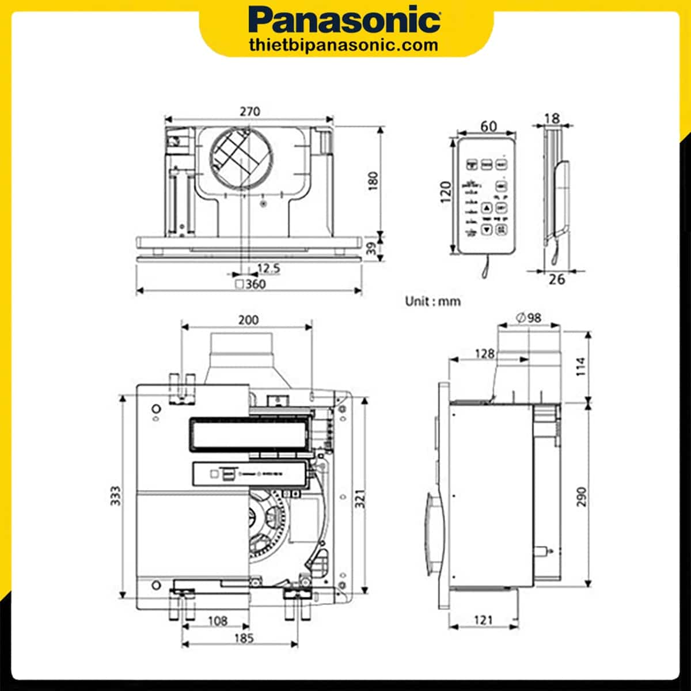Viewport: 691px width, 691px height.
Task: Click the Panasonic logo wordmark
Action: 345,21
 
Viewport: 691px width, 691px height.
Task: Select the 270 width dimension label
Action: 250,111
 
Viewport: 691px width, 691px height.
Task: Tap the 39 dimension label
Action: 373,249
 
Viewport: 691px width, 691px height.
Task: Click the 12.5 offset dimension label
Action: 268,268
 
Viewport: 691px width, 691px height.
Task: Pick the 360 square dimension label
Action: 251,284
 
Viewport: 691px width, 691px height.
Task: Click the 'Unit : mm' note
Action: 432,301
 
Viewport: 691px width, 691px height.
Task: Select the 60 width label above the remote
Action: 488,126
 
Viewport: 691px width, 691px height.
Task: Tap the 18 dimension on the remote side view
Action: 552,118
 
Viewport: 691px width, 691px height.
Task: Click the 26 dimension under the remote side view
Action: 557,279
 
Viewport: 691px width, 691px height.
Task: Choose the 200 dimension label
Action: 248,320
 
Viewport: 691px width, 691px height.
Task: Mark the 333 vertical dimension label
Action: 116,496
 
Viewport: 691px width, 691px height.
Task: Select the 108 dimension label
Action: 217,621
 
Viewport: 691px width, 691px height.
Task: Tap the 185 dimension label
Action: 244,639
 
